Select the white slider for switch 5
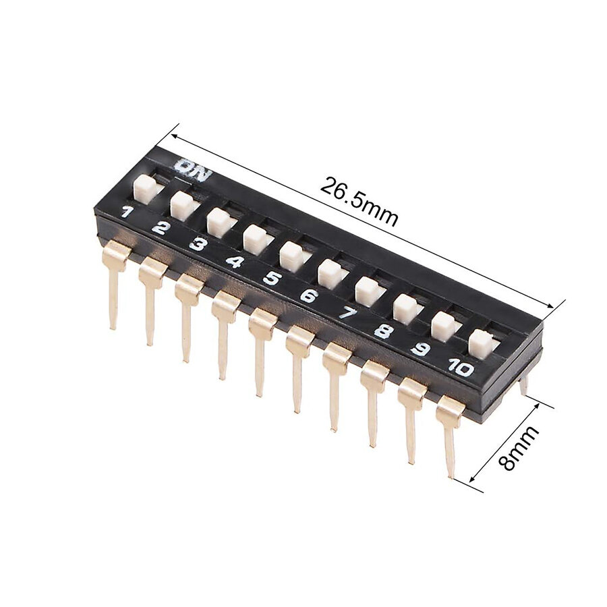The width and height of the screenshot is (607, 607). (x=291, y=256)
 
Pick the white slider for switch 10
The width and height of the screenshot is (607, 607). (x=480, y=343)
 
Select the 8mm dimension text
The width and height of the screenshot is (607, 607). (x=519, y=448)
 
